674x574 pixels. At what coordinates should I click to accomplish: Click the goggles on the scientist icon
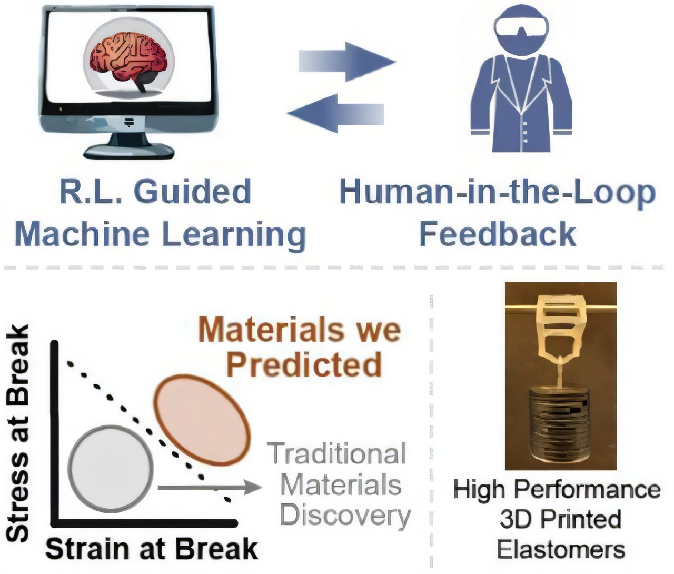pos(522,26)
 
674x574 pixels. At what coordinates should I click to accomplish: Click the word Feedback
pos(498,234)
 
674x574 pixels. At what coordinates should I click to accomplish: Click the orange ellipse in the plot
pos(203,420)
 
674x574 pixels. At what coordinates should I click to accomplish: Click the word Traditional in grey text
pos(337,453)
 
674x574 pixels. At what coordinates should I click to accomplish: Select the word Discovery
pos(345,516)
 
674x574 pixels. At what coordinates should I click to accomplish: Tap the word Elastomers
pos(561,550)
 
